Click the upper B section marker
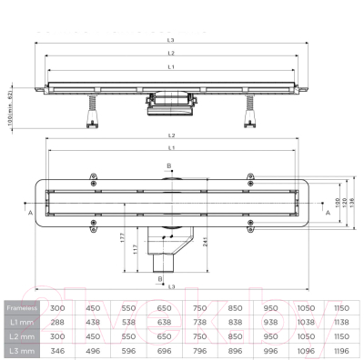168,166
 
